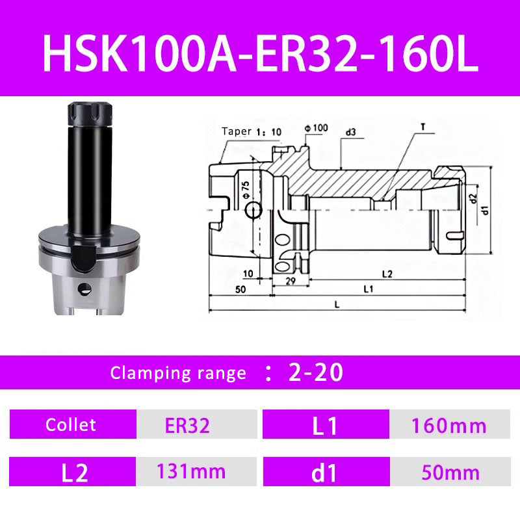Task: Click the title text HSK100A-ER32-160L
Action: (260, 49)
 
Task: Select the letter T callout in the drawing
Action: (422, 128)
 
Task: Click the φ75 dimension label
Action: (245, 188)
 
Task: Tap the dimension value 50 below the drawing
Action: (241, 289)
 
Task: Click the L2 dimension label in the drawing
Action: (386, 274)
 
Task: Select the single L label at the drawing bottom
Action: (335, 304)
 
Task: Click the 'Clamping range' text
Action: (178, 373)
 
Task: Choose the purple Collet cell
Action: (71, 425)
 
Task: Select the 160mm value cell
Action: (449, 426)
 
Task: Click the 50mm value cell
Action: (449, 473)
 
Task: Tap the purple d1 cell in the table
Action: (324, 473)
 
